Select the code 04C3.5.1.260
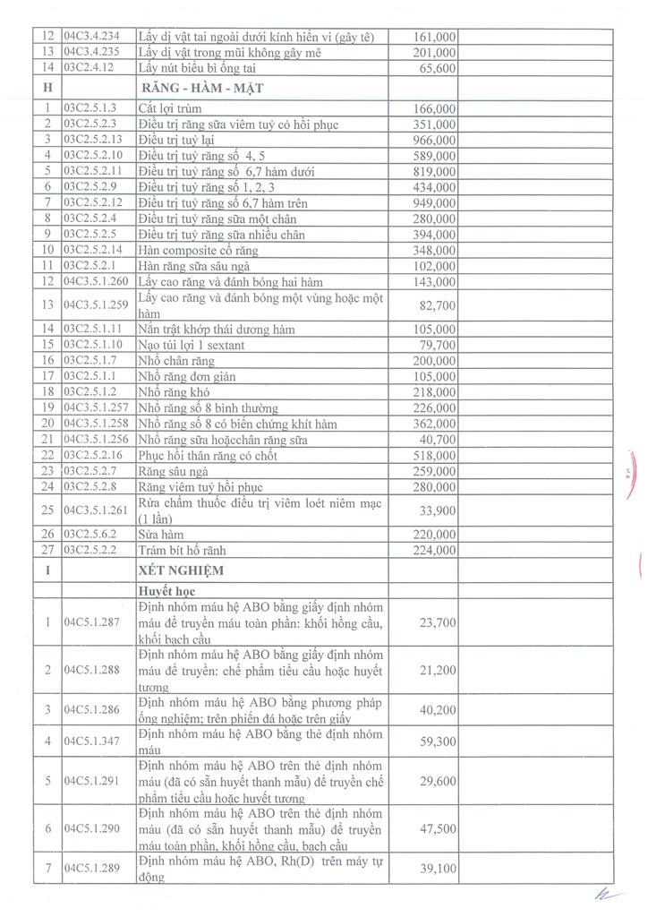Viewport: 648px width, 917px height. pyautogui.click(x=98, y=281)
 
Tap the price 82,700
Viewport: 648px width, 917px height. pyautogui.click(x=436, y=306)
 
